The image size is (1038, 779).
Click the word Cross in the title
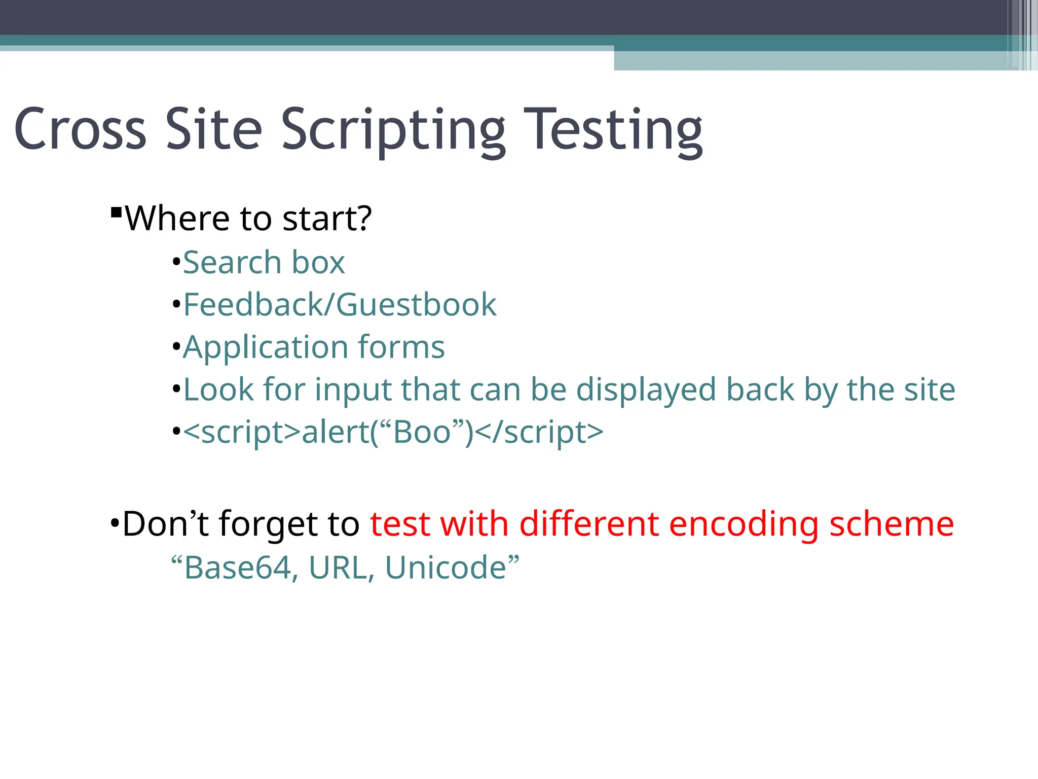[x=80, y=129]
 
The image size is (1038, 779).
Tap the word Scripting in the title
[x=393, y=131]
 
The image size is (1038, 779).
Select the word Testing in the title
[x=613, y=131]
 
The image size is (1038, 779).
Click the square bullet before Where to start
[x=116, y=211]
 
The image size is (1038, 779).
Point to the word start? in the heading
[x=327, y=219]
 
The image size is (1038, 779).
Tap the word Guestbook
[x=416, y=305]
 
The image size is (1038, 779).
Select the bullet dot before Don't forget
[x=114, y=523]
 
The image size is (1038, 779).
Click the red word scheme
[x=892, y=524]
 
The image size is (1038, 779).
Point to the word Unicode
[x=446, y=568]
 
